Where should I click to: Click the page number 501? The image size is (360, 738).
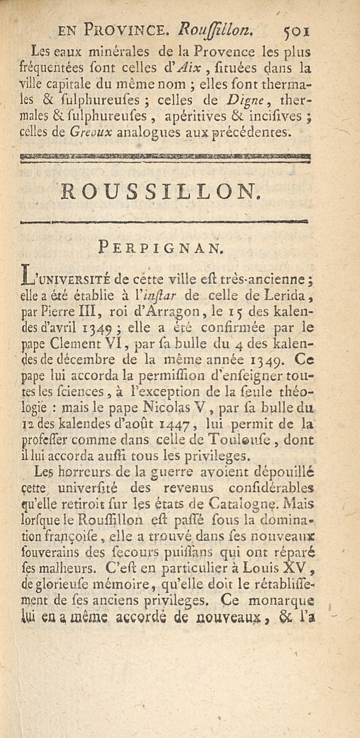295,32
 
